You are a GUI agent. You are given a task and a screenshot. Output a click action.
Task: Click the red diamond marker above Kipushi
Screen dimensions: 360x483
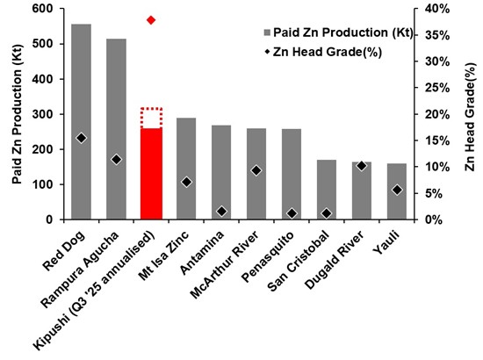tap(151, 19)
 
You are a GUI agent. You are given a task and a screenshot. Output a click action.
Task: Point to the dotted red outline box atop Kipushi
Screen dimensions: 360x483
tap(151, 118)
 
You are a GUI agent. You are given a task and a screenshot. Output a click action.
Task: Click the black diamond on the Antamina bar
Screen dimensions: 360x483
tap(221, 211)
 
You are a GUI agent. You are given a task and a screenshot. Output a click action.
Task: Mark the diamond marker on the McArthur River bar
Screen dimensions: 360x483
tap(256, 170)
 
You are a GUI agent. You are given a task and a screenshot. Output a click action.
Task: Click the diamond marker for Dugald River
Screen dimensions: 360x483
tap(361, 165)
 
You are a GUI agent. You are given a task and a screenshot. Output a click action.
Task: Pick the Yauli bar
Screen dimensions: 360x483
tap(396, 198)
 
